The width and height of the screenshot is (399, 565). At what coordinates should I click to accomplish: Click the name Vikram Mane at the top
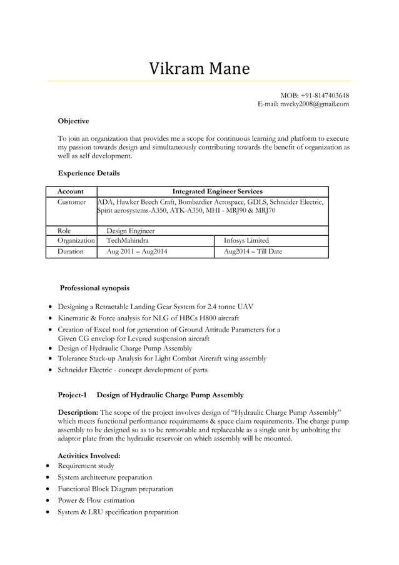199,68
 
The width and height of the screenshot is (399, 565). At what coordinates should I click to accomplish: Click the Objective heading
73,120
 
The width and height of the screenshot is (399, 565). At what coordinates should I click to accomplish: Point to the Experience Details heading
89,173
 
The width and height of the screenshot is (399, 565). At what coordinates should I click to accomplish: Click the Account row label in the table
70,191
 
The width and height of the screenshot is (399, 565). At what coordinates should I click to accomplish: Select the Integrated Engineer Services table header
217,191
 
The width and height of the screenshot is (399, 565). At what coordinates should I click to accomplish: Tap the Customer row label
72,202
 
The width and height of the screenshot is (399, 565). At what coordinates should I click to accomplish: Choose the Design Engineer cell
131,230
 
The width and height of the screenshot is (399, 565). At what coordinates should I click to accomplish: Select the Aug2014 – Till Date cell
253,252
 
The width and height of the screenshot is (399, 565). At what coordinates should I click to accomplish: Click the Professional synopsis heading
94,288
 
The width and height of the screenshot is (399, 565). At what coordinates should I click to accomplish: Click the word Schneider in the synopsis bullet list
77,370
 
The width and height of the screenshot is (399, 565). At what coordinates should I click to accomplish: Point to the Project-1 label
74,395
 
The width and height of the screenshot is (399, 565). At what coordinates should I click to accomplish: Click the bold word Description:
78,413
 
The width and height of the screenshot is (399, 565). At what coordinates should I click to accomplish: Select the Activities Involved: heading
89,456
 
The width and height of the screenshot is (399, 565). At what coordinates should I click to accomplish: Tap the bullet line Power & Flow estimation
96,501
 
